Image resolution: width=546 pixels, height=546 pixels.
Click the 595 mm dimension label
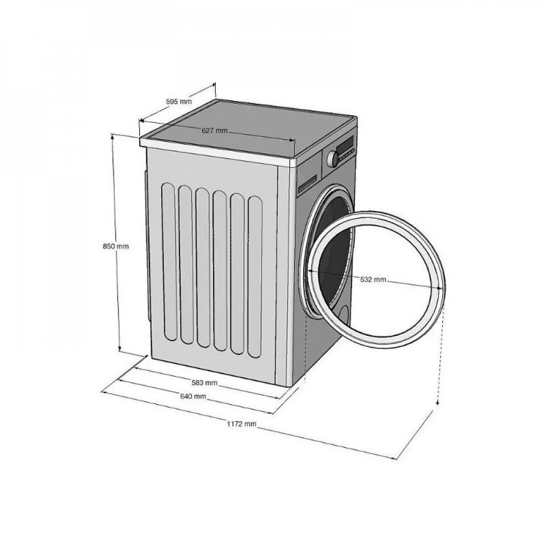tap(179, 102)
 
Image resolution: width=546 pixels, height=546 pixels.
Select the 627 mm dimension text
tap(215, 130)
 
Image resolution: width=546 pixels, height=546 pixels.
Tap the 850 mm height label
tap(116, 246)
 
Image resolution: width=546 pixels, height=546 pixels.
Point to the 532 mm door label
tap(373, 279)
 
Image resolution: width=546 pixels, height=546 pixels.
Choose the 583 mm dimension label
tap(204, 383)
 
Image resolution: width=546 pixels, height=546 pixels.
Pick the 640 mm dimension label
tap(193, 396)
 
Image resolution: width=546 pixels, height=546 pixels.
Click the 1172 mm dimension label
tap(242, 424)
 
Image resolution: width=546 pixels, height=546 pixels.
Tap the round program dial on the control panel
tap(333, 159)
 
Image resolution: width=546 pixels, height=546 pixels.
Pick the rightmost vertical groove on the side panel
tap(255, 277)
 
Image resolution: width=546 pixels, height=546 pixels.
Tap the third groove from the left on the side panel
tap(203, 268)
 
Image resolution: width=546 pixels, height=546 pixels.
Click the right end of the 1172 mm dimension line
tap(396, 459)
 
